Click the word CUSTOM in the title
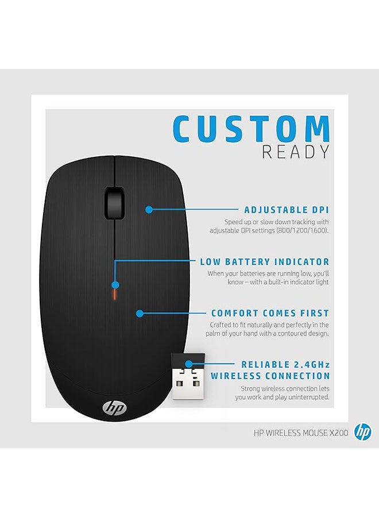(251, 128)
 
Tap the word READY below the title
(296, 152)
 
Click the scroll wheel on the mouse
(115, 203)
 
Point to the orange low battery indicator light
(115, 295)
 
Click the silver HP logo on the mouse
(114, 408)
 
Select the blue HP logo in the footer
(362, 432)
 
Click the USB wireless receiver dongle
(188, 376)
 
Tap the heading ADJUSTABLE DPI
(287, 210)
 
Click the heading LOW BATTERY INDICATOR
(265, 262)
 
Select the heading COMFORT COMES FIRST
(270, 313)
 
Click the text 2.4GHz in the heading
(311, 365)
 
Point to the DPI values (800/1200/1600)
(303, 230)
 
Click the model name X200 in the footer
(339, 433)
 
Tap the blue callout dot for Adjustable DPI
(149, 209)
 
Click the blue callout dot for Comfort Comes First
(140, 313)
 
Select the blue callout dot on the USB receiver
(188, 364)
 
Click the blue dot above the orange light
(115, 285)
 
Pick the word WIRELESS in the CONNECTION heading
(235, 376)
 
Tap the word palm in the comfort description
(212, 334)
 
